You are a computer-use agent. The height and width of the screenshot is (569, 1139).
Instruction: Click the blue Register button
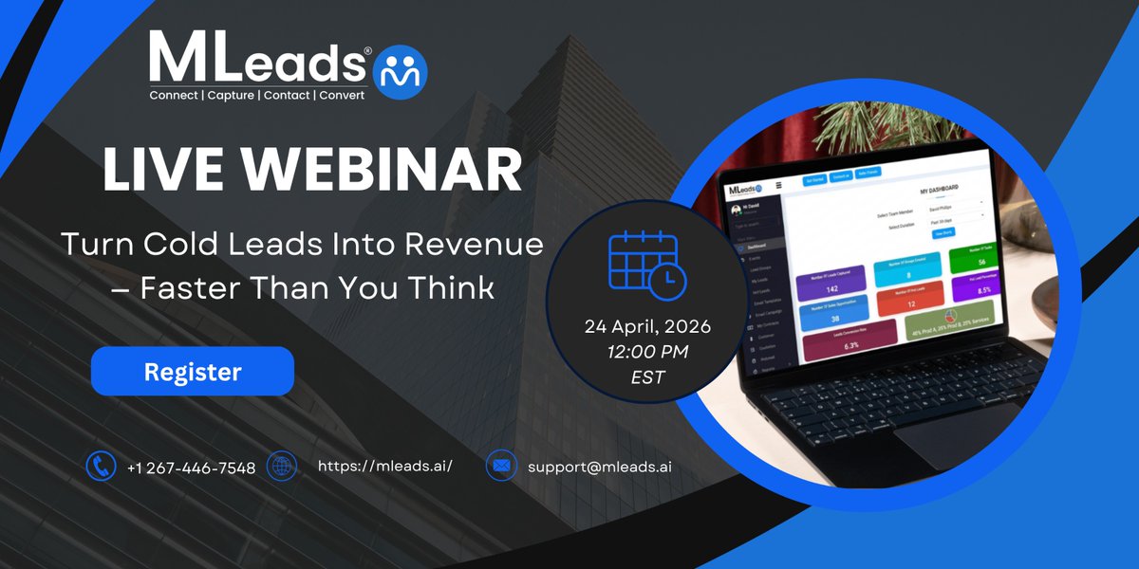point(193,371)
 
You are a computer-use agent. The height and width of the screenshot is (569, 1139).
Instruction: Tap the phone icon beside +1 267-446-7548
point(101,466)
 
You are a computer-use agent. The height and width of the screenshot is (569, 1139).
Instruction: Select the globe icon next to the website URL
point(282,466)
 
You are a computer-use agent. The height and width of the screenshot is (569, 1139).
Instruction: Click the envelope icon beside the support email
point(500,466)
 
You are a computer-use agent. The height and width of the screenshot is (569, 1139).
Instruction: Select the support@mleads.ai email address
point(600,467)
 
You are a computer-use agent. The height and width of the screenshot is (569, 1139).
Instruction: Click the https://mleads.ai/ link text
point(384,466)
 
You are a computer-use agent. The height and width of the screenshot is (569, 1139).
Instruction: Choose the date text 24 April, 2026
point(647,327)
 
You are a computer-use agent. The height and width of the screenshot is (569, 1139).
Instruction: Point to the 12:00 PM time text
point(647,352)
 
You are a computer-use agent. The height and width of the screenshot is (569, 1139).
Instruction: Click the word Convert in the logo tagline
point(342,96)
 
